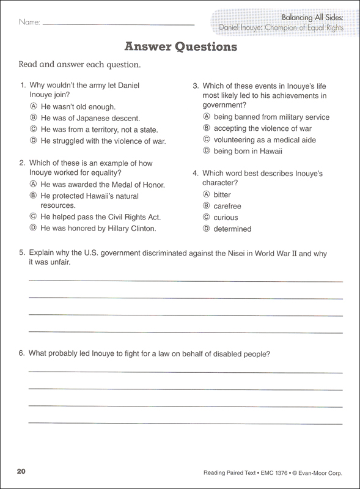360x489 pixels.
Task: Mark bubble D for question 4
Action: [x=207, y=229]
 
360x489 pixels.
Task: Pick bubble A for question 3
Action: [x=207, y=117]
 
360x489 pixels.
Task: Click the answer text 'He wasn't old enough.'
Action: [x=77, y=106]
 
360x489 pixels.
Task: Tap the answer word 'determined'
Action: [x=233, y=229]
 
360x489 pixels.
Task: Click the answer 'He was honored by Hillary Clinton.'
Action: [x=98, y=229]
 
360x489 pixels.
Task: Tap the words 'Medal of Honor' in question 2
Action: [x=138, y=185]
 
